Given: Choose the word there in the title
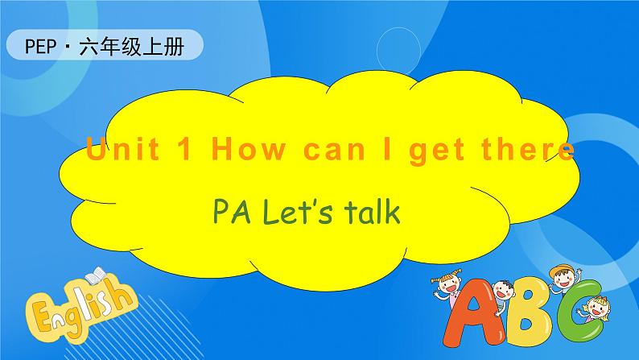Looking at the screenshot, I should pyautogui.click(x=525, y=151).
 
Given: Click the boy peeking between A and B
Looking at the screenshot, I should pyautogui.click(x=505, y=290).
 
